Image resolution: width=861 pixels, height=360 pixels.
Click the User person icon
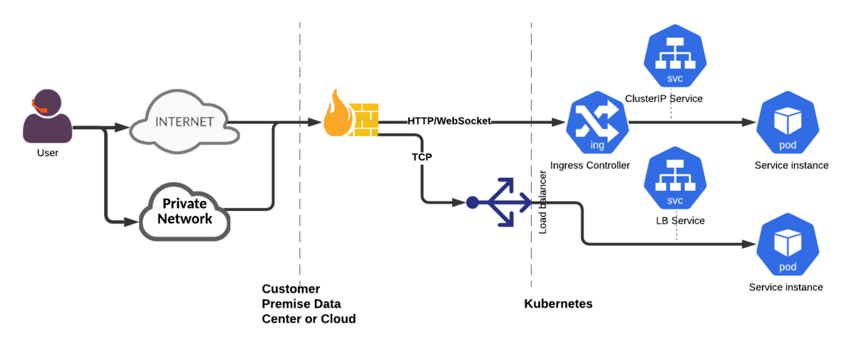(47, 116)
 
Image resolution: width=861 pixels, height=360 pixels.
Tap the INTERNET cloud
(184, 122)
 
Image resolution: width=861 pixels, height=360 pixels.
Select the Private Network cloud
(184, 212)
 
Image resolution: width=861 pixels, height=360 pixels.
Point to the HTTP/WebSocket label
(449, 121)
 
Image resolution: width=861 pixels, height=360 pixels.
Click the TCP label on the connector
(422, 157)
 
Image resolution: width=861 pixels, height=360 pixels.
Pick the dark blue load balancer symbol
(499, 202)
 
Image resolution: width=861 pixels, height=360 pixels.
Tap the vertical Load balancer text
(542, 202)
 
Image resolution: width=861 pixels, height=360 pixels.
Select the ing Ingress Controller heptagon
(597, 122)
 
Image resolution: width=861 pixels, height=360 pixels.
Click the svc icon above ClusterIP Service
(675, 56)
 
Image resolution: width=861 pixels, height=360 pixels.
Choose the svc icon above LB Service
(675, 178)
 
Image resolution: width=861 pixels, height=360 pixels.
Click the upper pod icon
(788, 122)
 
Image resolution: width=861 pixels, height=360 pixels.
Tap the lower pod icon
(788, 244)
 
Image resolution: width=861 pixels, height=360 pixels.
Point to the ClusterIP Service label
(664, 99)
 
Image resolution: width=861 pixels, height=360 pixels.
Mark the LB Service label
(680, 221)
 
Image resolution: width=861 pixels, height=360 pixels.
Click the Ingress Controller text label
(590, 165)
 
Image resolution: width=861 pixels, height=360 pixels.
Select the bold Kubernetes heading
(558, 303)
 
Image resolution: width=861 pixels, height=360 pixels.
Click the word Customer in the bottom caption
(291, 288)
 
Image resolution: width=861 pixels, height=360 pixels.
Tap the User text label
(47, 153)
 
